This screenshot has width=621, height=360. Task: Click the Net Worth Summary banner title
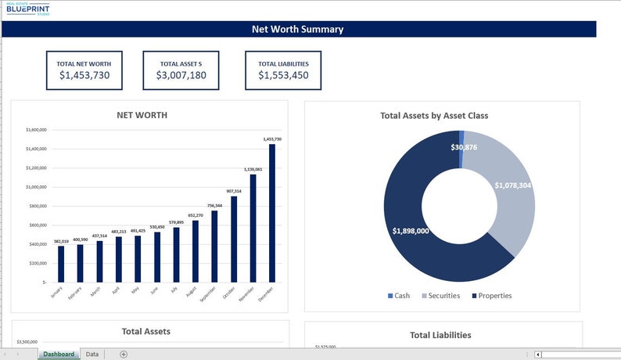297,30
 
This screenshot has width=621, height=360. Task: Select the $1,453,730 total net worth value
84,75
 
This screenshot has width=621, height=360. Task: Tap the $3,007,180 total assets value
181,75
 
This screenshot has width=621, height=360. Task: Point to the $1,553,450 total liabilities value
283,75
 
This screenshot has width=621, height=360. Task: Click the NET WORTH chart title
142,115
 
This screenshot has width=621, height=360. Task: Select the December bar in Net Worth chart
272,212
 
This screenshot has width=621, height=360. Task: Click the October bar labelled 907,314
234,239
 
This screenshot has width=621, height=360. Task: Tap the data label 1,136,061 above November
253,169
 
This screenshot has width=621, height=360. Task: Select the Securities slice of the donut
508,196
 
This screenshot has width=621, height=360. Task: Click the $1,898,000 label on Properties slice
410,231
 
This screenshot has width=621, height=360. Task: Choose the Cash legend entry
398,296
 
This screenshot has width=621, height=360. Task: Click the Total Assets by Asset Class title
434,116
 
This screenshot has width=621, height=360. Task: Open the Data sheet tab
92,355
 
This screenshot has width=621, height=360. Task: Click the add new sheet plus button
124,355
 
